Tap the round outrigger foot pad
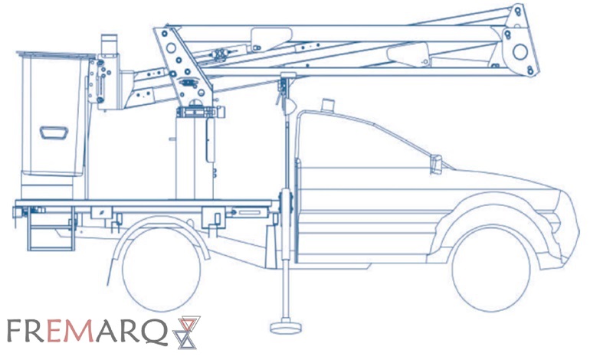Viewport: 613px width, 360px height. [x=286, y=327]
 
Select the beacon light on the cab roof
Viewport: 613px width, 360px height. [x=328, y=105]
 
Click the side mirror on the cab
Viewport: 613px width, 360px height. [x=436, y=164]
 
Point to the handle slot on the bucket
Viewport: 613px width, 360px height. [x=54, y=133]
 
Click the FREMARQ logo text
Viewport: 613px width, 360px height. [x=87, y=331]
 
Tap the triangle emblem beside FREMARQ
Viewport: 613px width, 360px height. [x=187, y=332]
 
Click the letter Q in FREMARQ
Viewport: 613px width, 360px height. [x=155, y=332]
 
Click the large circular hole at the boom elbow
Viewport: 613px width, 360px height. [x=520, y=52]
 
